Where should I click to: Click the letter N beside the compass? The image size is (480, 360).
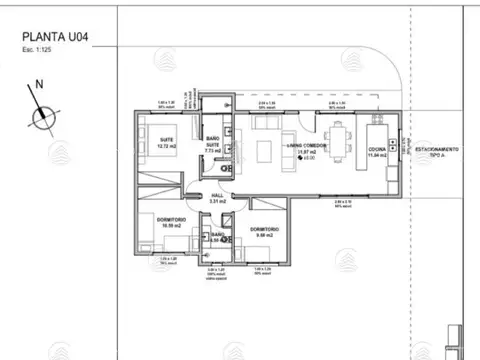(39, 87)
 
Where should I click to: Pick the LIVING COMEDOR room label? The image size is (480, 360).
(307, 149)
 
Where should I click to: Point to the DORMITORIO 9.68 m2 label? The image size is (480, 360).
(264, 233)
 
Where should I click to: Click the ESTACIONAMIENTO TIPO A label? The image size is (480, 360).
(437, 151)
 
